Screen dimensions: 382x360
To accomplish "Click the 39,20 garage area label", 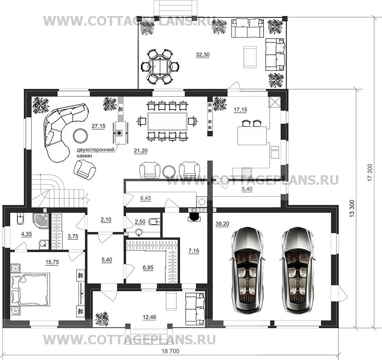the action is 222,224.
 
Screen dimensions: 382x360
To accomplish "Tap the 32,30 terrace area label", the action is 203,55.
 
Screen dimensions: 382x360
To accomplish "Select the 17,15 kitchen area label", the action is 240,110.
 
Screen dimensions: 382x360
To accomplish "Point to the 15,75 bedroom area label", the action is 52,262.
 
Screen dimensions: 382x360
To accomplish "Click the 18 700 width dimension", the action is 171,351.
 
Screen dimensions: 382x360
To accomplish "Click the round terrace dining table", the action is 160,67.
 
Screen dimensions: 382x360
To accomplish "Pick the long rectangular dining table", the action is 167,121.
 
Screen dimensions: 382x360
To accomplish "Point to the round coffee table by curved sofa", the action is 81,136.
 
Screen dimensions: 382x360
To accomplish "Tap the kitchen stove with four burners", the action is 247,172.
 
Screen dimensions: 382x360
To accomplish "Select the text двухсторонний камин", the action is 95,153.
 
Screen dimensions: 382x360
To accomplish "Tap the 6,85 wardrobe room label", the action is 148,267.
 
